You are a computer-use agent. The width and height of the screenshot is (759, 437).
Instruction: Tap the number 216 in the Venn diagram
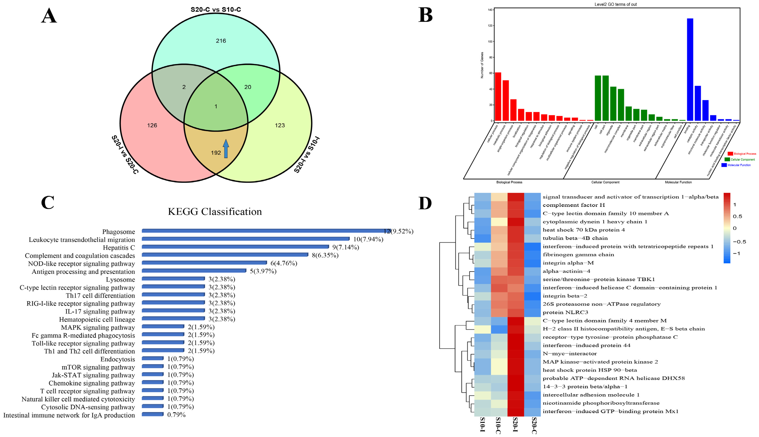coord(221,41)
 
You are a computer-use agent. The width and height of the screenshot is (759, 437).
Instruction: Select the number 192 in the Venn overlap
coord(216,153)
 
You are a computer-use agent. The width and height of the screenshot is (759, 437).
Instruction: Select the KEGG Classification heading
coord(215,212)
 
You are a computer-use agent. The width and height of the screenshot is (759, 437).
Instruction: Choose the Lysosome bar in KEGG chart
coord(173,278)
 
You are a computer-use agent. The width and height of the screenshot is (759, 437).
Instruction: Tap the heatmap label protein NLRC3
coord(565,312)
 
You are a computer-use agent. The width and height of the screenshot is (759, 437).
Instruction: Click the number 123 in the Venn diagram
coord(280,125)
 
